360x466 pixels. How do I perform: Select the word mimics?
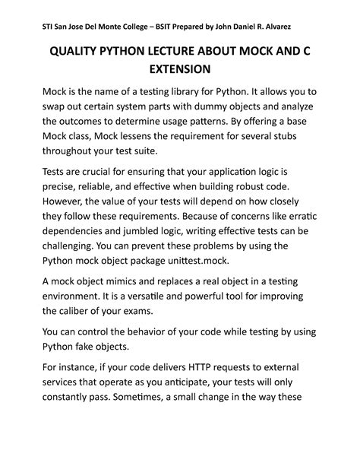pos(129,280)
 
